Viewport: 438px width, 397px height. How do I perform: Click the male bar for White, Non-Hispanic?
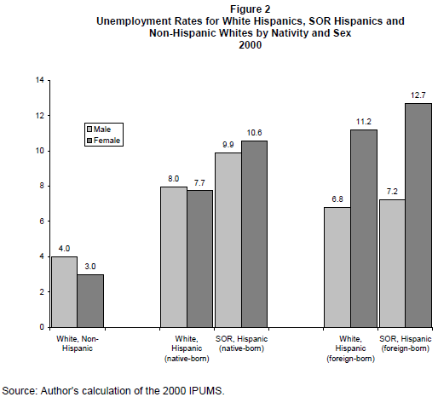(x=64, y=292)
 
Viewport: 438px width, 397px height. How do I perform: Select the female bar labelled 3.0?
(x=90, y=301)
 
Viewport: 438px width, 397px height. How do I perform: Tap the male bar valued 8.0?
(x=174, y=257)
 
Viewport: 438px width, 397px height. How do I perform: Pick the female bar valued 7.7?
(x=199, y=259)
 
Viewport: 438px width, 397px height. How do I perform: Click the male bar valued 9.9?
(x=228, y=240)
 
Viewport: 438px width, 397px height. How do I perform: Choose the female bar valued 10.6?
(x=255, y=234)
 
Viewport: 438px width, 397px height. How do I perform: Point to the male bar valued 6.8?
(x=337, y=268)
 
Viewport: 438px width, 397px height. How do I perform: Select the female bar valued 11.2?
(x=364, y=228)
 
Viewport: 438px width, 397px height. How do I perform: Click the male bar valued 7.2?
(x=392, y=263)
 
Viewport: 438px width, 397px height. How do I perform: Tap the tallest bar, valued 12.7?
(x=418, y=216)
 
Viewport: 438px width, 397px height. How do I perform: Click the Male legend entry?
(x=99, y=129)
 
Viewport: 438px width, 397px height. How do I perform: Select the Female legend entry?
(x=103, y=141)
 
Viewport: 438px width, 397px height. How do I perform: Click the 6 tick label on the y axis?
(x=42, y=222)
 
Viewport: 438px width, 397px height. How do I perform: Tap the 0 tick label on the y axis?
(x=42, y=327)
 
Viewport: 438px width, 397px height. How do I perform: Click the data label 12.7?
(x=418, y=95)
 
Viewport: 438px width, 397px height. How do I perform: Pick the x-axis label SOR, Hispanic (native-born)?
(x=241, y=343)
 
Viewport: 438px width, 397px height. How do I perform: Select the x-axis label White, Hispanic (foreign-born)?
(x=350, y=348)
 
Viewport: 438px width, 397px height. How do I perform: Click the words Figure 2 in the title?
(x=251, y=9)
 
